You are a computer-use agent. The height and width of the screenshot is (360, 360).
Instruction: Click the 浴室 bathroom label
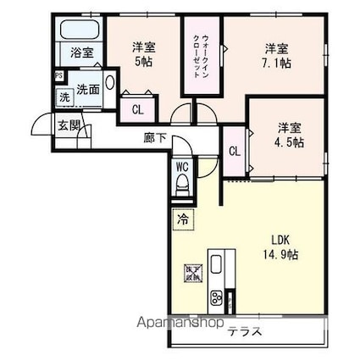(81, 52)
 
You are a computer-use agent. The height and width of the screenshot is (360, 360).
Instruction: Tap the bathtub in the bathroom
(80, 30)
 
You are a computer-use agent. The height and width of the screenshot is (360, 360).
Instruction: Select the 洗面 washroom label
(87, 89)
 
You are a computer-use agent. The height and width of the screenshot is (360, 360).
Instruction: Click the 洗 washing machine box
(64, 97)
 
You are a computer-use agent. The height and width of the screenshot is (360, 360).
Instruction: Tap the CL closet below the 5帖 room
(136, 108)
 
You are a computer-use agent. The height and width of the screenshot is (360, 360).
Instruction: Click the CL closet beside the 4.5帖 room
(235, 152)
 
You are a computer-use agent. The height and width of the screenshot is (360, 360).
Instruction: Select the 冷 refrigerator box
(182, 219)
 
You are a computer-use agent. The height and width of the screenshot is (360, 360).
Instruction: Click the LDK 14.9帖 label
(280, 246)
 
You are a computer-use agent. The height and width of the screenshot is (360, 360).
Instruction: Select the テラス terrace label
(243, 331)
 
